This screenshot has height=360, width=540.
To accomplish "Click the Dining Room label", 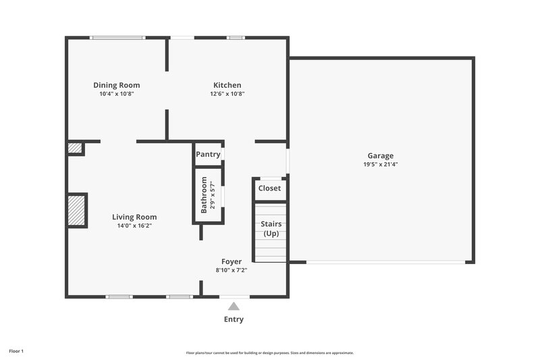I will [117, 85].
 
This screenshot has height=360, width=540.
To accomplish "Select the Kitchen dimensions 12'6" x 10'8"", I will [227, 94].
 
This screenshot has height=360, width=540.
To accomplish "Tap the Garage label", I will [380, 155].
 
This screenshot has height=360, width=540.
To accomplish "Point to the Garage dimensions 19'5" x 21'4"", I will [380, 164].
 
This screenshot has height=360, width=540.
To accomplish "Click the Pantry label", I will [208, 154].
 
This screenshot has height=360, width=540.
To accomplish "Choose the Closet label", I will [269, 188].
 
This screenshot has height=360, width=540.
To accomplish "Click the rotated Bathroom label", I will [204, 195].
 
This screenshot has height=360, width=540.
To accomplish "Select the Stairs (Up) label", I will [271, 228].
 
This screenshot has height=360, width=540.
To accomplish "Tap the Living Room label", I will [134, 217].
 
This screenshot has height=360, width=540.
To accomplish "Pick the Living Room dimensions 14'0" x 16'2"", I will [134, 226].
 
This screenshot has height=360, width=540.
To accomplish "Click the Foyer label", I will [232, 261].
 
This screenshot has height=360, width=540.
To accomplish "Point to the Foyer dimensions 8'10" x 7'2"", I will [232, 270].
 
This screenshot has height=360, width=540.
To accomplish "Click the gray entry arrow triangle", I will [234, 307].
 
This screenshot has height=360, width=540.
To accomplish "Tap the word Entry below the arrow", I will [234, 319].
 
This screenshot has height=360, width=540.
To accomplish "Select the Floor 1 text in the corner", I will [16, 351].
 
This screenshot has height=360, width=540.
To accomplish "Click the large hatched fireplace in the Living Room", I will [76, 210].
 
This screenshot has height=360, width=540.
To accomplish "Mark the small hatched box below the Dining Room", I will [74, 148].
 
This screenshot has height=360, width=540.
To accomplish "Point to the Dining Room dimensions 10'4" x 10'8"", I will [117, 94].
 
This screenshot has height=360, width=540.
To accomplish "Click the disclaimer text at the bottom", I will [270, 353].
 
